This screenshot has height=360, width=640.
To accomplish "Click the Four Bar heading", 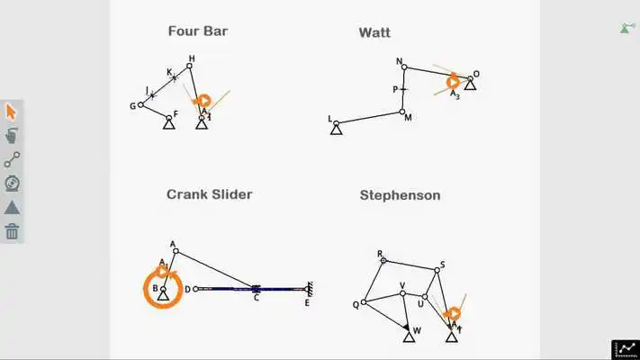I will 198,31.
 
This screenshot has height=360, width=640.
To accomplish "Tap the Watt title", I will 374,33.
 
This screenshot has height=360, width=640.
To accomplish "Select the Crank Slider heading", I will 209,194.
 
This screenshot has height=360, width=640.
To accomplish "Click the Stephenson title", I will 400,195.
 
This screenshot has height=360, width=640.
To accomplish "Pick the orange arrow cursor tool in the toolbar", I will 12,112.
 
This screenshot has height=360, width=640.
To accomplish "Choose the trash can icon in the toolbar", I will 12,231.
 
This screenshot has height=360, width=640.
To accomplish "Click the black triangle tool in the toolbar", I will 12,207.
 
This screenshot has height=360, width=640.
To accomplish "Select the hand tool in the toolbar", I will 12,136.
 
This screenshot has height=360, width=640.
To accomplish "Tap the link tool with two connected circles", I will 12,160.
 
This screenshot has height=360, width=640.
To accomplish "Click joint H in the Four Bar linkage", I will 190,66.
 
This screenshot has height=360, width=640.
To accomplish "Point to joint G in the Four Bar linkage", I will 140,104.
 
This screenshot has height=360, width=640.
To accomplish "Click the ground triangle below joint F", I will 168,122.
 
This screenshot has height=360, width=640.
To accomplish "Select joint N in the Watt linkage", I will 404,67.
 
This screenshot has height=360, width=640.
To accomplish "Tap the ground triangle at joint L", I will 336,129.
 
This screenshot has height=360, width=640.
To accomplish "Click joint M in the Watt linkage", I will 402,112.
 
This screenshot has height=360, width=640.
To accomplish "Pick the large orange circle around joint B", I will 163,291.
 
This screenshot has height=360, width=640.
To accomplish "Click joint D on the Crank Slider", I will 195,289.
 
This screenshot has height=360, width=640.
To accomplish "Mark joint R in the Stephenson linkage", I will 383,260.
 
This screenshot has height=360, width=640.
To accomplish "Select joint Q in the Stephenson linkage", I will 364,302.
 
